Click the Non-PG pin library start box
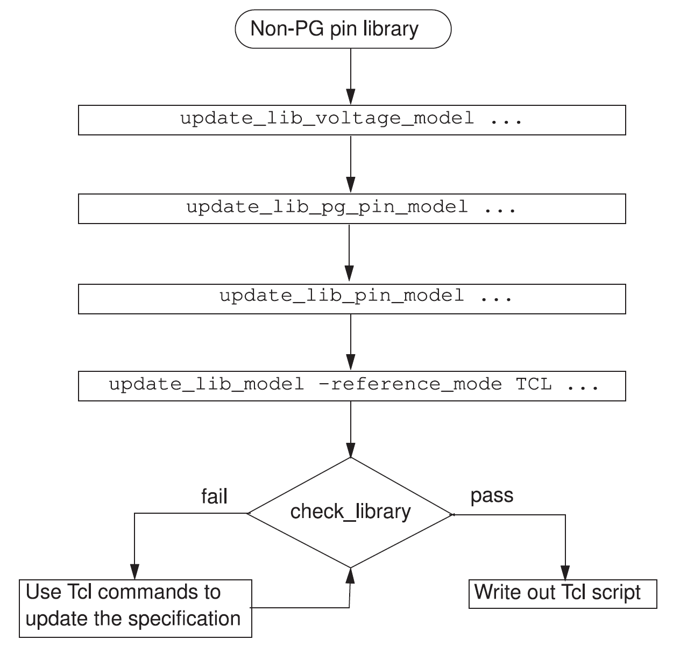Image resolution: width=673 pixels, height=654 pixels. pos(343,29)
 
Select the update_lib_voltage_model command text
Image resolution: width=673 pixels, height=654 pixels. pos(327,119)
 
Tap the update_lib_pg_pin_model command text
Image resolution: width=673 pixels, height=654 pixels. pos(327,207)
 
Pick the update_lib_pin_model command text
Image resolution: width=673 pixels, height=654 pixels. pos(341,296)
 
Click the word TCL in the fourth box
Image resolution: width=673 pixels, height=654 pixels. pos(534,384)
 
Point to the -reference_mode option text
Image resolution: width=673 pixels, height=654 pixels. pos(410,385)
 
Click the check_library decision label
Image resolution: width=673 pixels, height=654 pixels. pos(350,512)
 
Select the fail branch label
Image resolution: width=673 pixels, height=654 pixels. pos(214,497)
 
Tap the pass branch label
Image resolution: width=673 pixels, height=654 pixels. pos(492,496)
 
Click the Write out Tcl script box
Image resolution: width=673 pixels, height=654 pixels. pos(563,594)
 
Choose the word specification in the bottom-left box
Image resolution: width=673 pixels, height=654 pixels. pos(185,619)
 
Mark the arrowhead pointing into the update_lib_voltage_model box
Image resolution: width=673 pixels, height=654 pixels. pos(351,96)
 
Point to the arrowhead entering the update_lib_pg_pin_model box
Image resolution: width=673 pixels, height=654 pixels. pos(351,185)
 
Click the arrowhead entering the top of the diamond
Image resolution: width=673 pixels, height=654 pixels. pos(351,450)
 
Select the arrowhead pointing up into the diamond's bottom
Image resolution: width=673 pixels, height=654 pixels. pos(350,576)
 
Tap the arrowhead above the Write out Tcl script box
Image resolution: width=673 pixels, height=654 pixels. pos(565,572)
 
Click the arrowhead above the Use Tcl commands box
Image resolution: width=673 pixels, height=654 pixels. pos(134,572)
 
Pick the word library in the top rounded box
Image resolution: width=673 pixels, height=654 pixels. pos(391,29)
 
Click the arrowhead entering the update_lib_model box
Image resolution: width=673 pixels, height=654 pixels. pos(351,362)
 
